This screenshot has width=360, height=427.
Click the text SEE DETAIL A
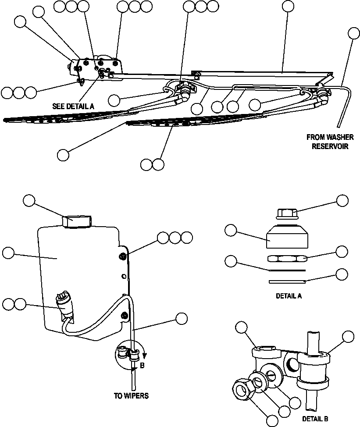pos(73,106)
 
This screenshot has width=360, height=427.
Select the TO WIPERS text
pos(131,395)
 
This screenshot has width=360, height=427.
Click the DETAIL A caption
pos(289,296)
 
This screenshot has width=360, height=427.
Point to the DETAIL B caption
pos(315,418)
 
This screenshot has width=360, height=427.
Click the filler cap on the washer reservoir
pos(76,221)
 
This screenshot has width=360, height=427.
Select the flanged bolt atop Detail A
pos(288,214)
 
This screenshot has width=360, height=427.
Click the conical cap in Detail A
pos(287,238)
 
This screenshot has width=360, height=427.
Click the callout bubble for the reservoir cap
pos(29,200)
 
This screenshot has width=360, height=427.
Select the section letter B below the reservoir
pos(142,365)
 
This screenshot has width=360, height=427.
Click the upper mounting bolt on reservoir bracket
pos(123,256)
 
